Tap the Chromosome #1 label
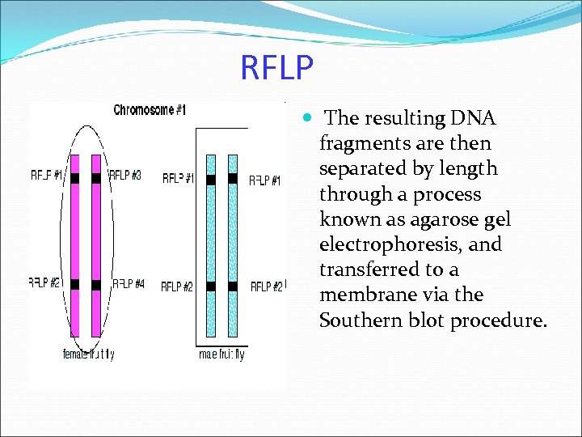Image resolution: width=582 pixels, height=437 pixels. click(x=150, y=110)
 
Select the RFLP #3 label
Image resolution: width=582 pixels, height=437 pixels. click(x=125, y=176)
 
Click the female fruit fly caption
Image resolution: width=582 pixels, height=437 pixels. click(x=89, y=354)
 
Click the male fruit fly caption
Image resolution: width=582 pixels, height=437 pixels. click(x=221, y=354)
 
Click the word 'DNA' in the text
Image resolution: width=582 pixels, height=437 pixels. click(x=473, y=118)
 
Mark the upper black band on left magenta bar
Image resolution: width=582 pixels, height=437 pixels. click(x=74, y=178)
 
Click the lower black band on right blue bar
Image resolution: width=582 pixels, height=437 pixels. click(x=233, y=286)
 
